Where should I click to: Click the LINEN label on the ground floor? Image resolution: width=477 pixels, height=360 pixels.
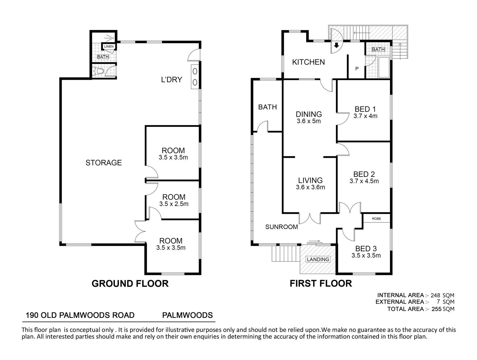pos(109,46)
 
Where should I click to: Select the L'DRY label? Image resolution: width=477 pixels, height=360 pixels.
pos(172,79)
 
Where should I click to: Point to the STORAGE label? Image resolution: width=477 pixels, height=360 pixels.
pos(104,163)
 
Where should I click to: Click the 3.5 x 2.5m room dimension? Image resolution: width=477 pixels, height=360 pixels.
pos(174,204)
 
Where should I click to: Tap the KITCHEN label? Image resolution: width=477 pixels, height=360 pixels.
pos(308,62)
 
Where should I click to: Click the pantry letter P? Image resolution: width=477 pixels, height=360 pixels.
pos(357,69)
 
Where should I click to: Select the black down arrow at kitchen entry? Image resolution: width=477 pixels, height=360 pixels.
pos(336,45)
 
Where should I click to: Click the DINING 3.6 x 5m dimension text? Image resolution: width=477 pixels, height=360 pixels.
pos(309,121)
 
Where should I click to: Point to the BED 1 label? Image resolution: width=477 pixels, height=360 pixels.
pos(365,109)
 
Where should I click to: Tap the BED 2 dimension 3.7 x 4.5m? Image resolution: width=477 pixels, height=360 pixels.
pos(364,181)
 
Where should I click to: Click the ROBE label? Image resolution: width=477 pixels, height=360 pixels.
pos(376,219)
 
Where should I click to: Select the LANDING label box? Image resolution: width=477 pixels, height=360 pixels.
pos(318,259)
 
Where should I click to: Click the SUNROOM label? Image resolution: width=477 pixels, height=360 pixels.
pos(281,227)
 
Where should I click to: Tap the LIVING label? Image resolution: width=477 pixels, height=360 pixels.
pos(310,180)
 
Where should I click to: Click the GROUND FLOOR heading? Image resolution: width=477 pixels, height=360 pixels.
pos(130,284)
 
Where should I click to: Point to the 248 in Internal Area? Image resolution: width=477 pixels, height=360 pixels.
pos(435,295)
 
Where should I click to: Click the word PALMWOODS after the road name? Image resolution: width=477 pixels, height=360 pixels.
pos(187,315)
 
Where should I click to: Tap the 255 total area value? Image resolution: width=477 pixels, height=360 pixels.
pos(436,309)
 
